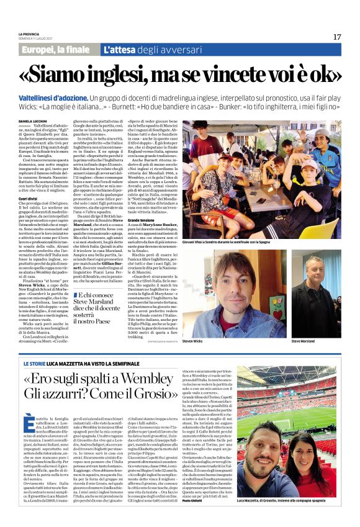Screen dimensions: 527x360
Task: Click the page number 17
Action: coord(337,37)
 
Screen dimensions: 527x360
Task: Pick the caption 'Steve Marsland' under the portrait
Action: coord(304,340)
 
